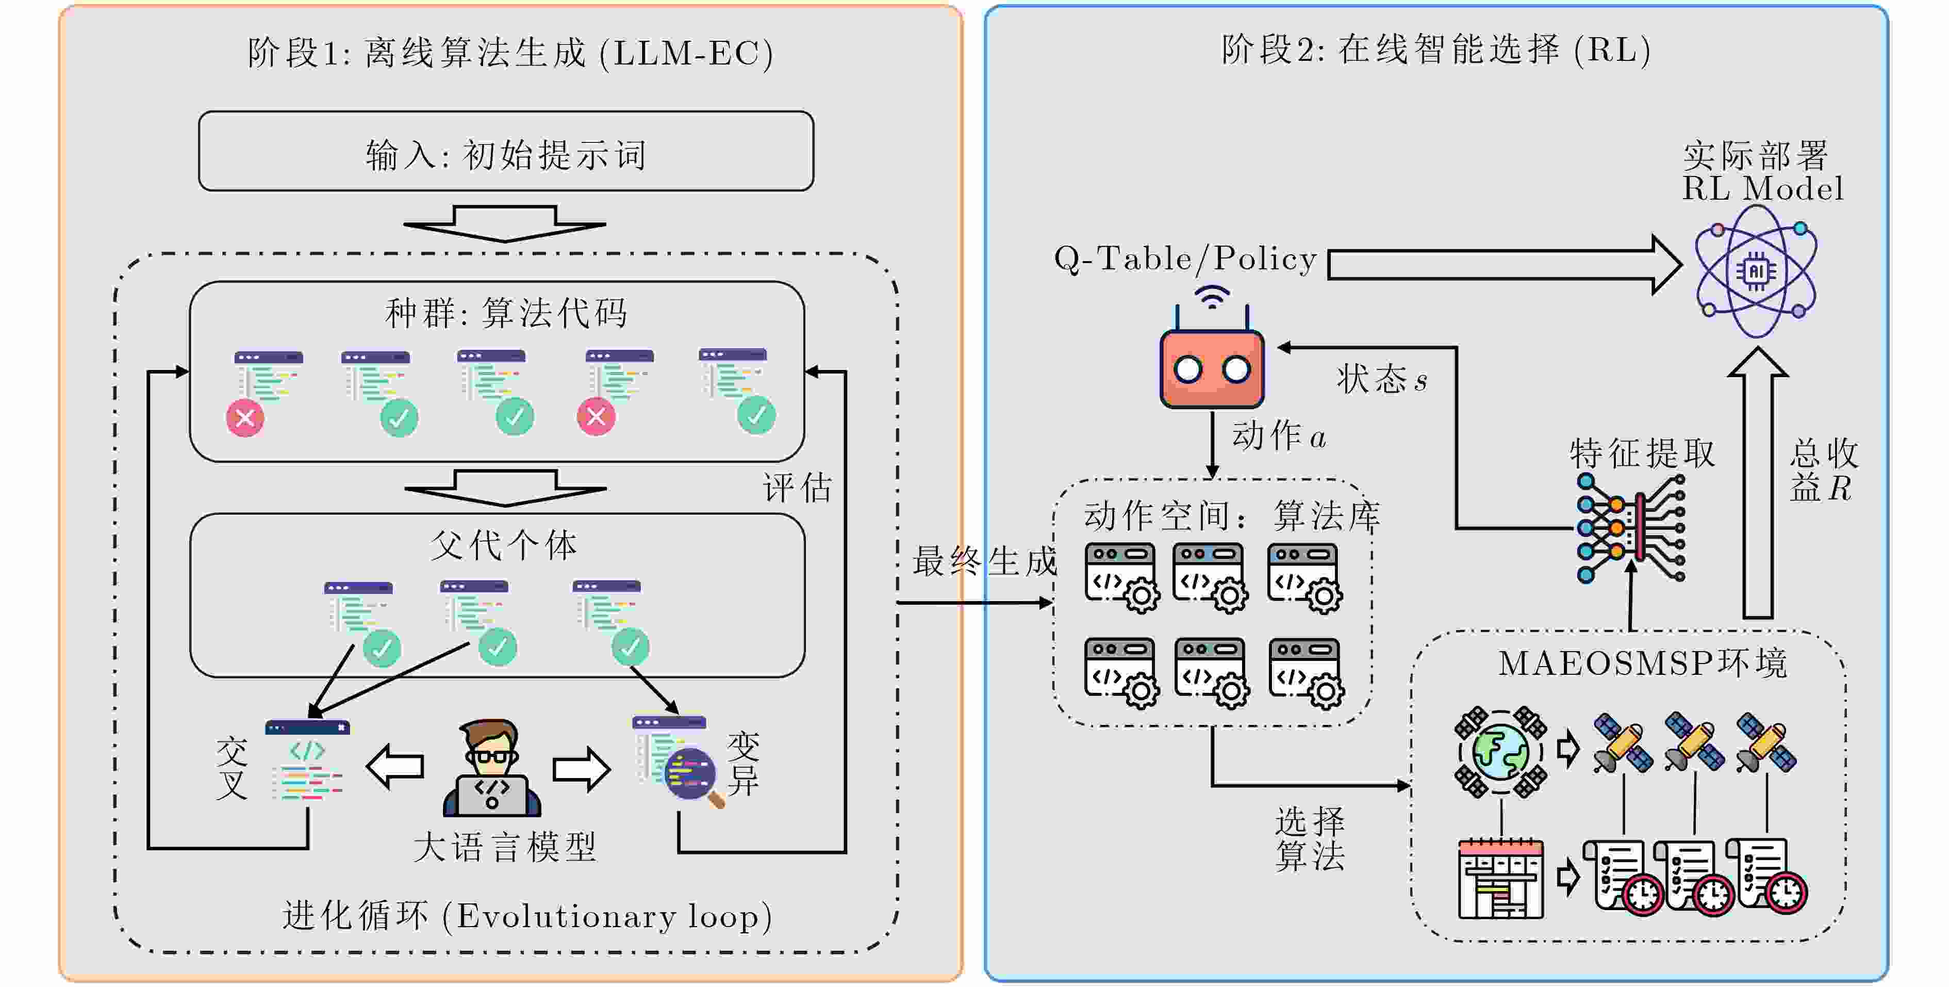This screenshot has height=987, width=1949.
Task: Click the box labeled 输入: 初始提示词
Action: point(505,151)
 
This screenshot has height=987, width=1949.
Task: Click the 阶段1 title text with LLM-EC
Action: point(510,53)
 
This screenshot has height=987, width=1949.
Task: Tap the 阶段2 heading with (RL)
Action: point(1435,50)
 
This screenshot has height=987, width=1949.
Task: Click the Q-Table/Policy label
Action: point(1185,259)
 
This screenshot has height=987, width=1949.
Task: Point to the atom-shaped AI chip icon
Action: point(1755,271)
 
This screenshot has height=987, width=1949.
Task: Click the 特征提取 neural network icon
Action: point(1630,528)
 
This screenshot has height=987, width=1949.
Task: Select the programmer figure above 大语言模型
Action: point(492,768)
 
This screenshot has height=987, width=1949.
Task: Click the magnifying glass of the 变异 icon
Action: point(691,775)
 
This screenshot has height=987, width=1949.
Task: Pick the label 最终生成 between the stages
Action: point(984,561)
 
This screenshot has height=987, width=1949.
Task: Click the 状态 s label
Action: point(1381,379)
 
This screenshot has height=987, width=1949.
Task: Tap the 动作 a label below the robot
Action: point(1279,436)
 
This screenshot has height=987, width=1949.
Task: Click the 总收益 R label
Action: point(1823,470)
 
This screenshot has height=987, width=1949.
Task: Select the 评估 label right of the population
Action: point(797,488)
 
